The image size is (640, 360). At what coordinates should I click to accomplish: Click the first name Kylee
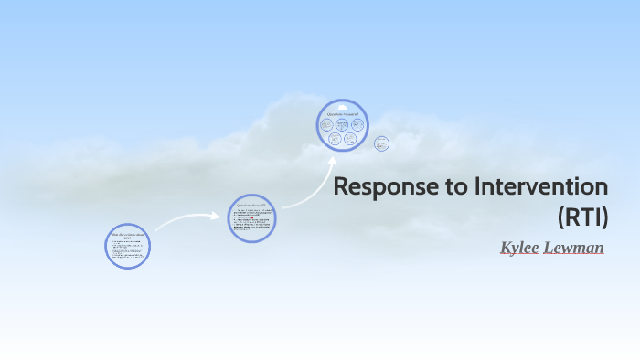[518, 247]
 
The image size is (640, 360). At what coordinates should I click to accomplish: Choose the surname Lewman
[573, 247]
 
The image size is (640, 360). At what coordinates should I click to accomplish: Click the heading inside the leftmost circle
[127, 235]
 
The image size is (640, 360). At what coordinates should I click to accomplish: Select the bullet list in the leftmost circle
[127, 251]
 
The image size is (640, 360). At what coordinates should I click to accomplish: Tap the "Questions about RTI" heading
[251, 206]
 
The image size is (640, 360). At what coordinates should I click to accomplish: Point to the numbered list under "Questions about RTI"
[251, 222]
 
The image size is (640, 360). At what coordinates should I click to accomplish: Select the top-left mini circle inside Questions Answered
[327, 123]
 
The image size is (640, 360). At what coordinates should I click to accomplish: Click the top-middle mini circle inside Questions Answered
[342, 123]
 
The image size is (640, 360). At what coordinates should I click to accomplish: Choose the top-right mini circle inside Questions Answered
[357, 123]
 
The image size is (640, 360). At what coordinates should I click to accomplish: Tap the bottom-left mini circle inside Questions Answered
[335, 139]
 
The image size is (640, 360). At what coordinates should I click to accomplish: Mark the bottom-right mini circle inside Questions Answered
[350, 139]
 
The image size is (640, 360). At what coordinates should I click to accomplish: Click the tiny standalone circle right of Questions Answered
[381, 143]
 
